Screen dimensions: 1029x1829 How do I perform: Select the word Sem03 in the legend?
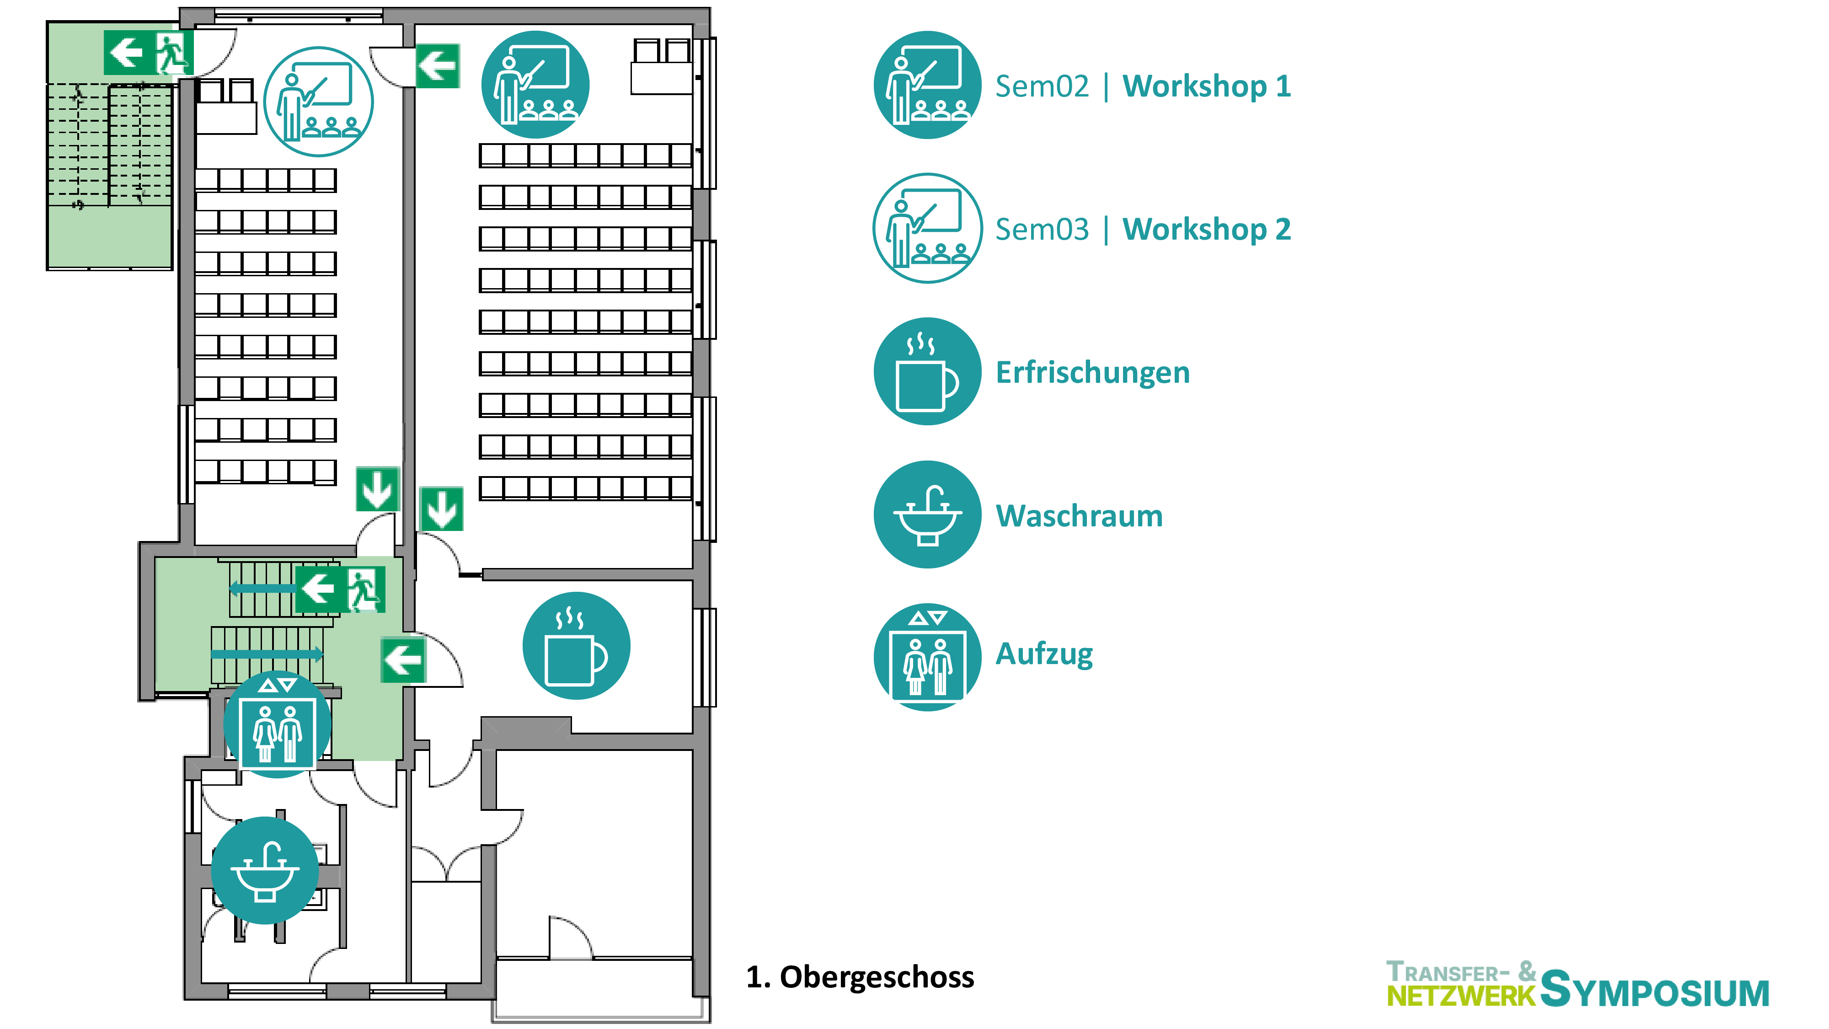[1042, 230]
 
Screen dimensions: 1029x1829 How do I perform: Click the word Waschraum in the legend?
[1079, 516]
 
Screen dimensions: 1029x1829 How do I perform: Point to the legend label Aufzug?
[1044, 654]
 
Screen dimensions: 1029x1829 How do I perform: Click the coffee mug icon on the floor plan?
[576, 645]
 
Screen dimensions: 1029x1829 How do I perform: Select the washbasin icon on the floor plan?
[265, 870]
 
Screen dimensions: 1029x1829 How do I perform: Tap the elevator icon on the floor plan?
[278, 724]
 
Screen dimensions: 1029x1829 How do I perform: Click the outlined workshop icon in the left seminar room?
[318, 102]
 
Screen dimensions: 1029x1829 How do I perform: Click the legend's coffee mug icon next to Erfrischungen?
[927, 371]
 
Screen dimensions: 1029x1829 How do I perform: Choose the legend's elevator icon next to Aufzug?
[927, 657]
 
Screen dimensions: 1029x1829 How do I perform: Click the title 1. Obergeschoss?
[860, 977]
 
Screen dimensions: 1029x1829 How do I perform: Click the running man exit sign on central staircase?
[365, 589]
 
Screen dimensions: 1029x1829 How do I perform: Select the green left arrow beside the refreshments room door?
[402, 660]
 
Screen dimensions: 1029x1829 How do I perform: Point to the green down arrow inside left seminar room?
[377, 488]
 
